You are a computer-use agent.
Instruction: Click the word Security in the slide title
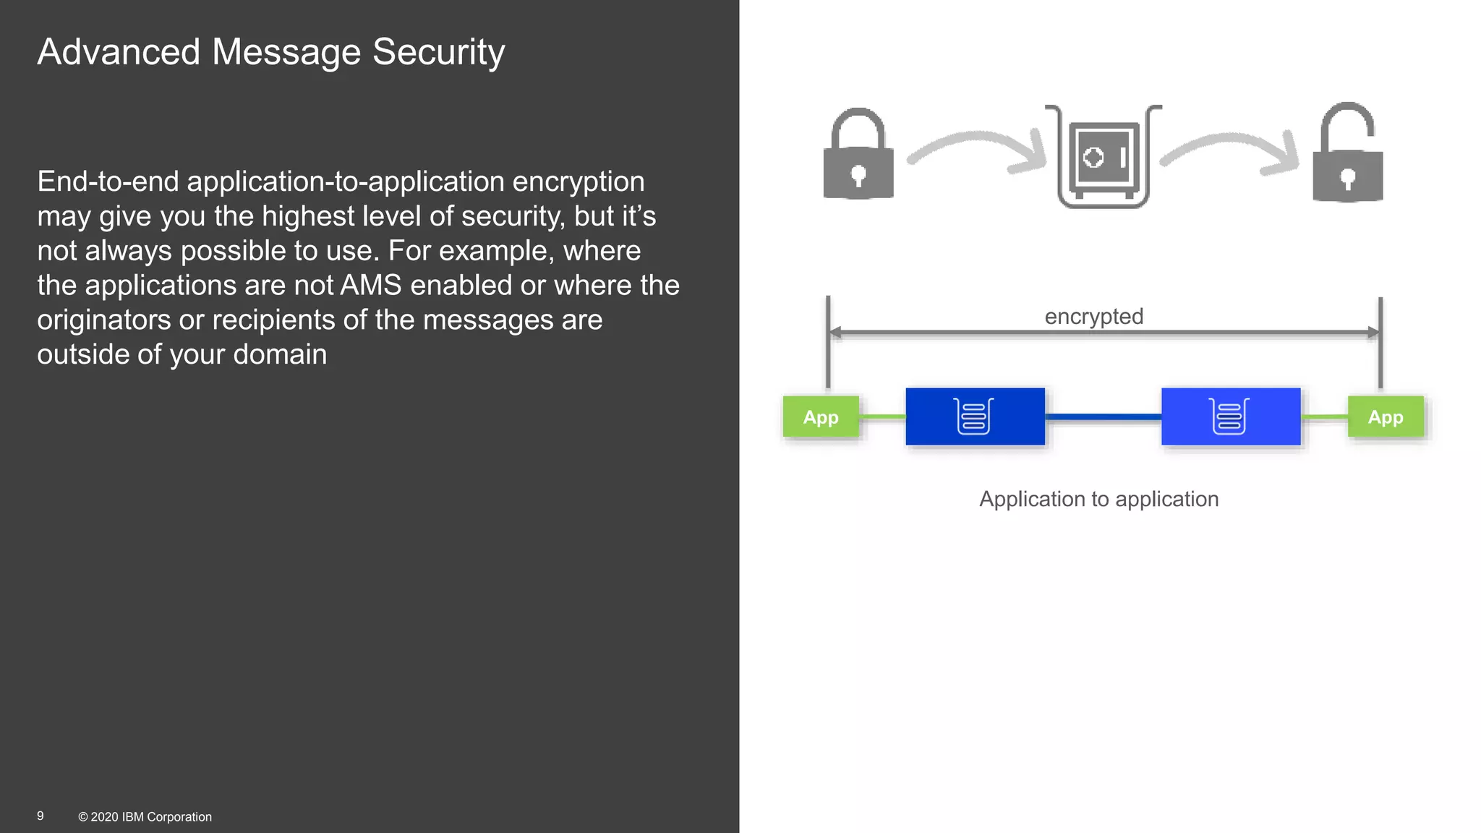click(438, 53)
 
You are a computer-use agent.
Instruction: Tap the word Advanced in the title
click(119, 53)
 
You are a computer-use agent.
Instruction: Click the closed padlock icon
click(858, 155)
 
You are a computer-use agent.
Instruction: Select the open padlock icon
click(1348, 155)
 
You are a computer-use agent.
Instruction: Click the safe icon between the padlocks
click(1103, 158)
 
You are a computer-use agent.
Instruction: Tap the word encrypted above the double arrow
click(1093, 317)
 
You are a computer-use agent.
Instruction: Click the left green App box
click(821, 417)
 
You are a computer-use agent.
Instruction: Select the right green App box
click(1386, 417)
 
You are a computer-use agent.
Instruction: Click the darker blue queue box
click(975, 416)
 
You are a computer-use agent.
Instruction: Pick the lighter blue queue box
click(1231, 416)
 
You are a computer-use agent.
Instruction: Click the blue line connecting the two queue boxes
click(1103, 417)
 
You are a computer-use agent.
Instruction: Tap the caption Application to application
click(1098, 499)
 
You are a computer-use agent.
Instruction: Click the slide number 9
click(40, 816)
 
